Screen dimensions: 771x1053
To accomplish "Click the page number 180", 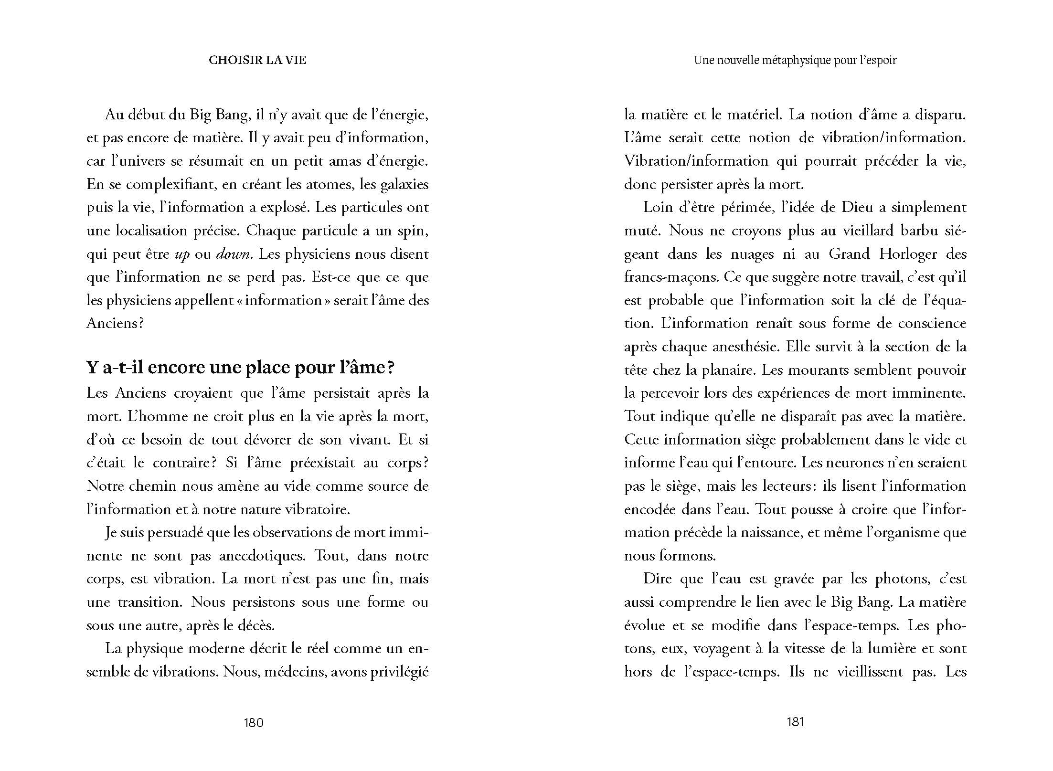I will tap(254, 722).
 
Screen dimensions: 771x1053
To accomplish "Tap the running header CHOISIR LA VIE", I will tap(257, 60).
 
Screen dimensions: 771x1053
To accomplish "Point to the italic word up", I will tap(182, 254).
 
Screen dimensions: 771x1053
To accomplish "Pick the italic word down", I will tap(234, 254).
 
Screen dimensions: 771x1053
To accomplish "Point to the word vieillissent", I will tap(870, 672).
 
